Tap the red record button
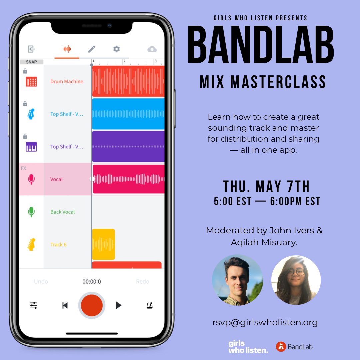(x=92, y=305)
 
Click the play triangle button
(x=118, y=305)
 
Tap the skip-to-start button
(x=65, y=305)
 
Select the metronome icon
(x=150, y=305)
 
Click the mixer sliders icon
(x=34, y=305)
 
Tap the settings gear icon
(x=116, y=49)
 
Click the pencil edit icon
(x=92, y=49)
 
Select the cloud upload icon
(x=152, y=49)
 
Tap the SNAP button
(x=31, y=62)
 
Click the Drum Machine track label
(x=67, y=81)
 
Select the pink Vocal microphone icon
(x=31, y=179)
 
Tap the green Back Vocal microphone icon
(x=31, y=212)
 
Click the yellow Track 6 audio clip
(x=103, y=244)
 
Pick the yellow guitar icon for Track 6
(x=31, y=244)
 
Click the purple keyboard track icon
(x=31, y=147)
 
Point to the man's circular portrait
(x=237, y=280)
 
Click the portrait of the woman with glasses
(x=296, y=280)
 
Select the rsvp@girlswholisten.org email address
(x=265, y=322)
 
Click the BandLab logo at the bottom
(x=295, y=347)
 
